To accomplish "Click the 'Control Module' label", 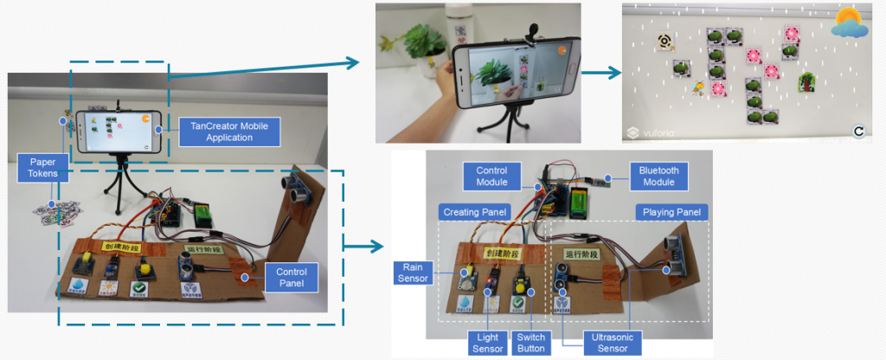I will [491, 176].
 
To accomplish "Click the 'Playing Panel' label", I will [671, 212].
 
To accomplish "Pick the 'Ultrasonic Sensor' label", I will [609, 341].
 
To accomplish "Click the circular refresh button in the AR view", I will [859, 131].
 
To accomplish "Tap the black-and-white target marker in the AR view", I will [663, 40].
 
